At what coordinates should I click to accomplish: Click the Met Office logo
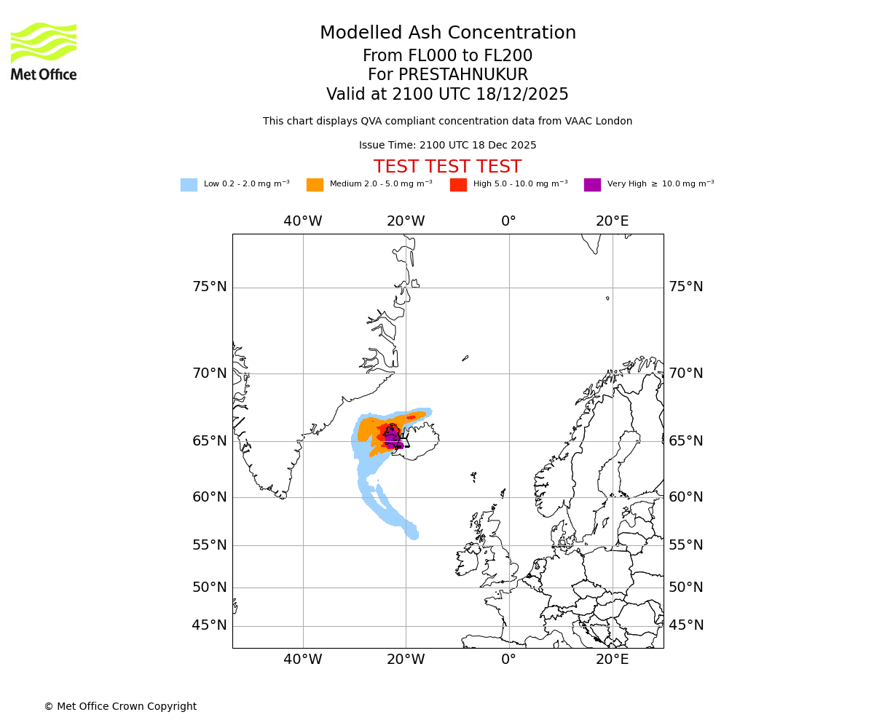pyautogui.click(x=44, y=51)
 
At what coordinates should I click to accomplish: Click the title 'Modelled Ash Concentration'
pyautogui.click(x=447, y=33)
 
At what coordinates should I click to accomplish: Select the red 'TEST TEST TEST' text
pyautogui.click(x=447, y=167)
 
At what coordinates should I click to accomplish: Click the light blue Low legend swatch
pyautogui.click(x=189, y=185)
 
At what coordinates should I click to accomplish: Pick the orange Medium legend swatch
pyautogui.click(x=315, y=185)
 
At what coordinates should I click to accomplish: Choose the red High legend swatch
pyautogui.click(x=458, y=185)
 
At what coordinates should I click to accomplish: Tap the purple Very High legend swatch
pyautogui.click(x=592, y=185)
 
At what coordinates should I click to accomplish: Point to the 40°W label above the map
pyautogui.click(x=303, y=221)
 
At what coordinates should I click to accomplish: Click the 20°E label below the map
pyautogui.click(x=612, y=660)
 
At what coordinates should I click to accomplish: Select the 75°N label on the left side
pyautogui.click(x=210, y=287)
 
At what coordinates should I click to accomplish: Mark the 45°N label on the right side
pyautogui.click(x=686, y=625)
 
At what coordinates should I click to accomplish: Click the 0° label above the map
pyautogui.click(x=508, y=221)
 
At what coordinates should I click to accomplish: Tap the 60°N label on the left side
pyautogui.click(x=210, y=497)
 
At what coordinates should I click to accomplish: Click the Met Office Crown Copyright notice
pyautogui.click(x=120, y=706)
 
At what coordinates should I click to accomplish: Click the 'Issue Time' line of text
pyautogui.click(x=447, y=146)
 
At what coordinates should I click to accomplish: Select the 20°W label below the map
pyautogui.click(x=406, y=660)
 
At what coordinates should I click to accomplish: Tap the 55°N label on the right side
pyautogui.click(x=686, y=545)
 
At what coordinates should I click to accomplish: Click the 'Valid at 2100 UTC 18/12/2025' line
pyautogui.click(x=447, y=95)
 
